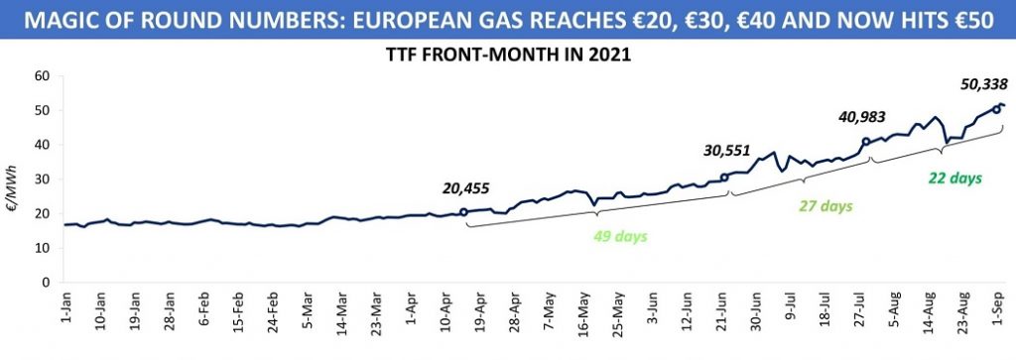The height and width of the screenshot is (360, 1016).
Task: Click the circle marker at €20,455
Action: [463, 211]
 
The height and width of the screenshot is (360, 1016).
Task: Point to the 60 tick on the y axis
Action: [43, 75]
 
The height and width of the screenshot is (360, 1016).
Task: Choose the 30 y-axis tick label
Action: [43, 180]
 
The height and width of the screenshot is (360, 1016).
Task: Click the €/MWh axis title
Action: [14, 180]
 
